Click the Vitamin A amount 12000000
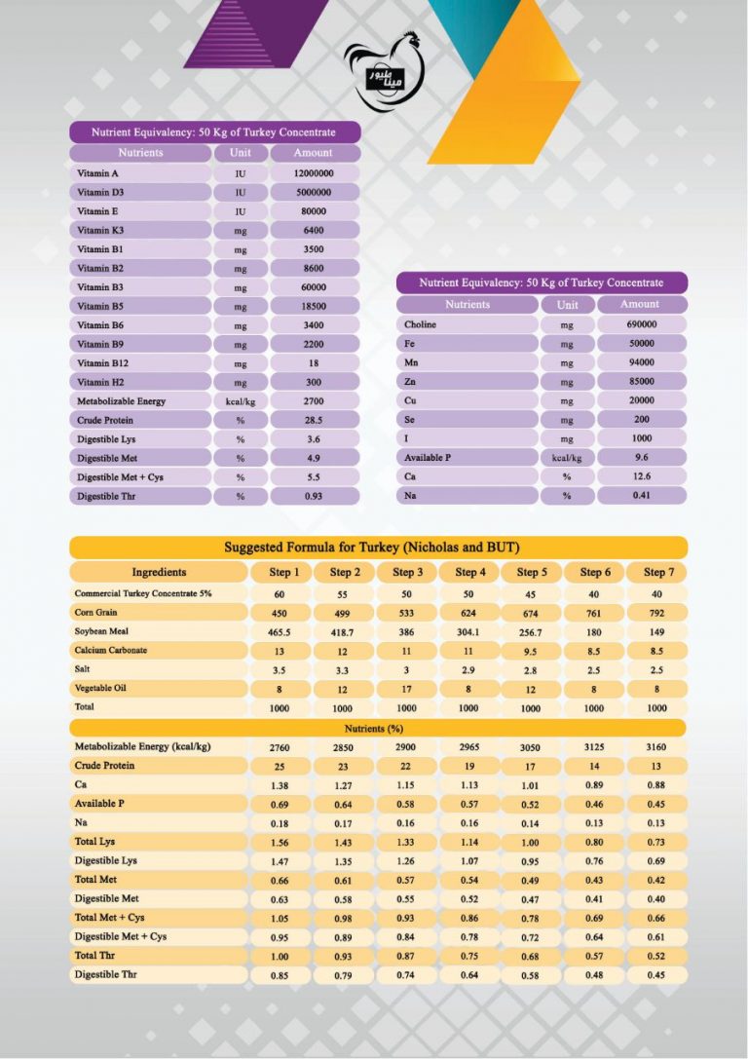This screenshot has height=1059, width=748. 314,172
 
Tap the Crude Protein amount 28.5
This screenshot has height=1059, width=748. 314,420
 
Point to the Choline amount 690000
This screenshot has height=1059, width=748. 641,324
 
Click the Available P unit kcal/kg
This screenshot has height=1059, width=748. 567,457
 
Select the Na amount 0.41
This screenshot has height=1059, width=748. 641,495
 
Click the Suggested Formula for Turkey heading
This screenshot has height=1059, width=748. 378,548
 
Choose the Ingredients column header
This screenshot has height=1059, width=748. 159,572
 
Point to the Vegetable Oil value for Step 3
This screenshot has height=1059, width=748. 407,689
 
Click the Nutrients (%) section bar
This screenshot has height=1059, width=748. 378,728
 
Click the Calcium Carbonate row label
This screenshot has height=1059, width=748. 111,651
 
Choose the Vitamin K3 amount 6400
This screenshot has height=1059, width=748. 314,230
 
